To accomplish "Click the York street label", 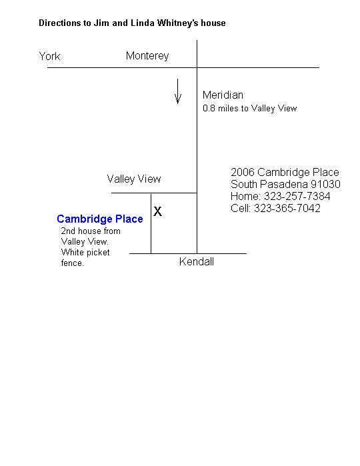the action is click(x=49, y=56).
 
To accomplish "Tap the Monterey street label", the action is click(x=147, y=56).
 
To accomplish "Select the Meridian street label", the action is click(x=223, y=95).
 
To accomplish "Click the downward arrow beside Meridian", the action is click(x=178, y=91).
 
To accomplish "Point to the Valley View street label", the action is click(x=134, y=179).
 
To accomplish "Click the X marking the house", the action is click(x=157, y=211).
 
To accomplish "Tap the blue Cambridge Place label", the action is click(x=100, y=219).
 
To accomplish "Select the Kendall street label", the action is click(x=197, y=262).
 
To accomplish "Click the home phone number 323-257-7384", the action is click(x=297, y=196).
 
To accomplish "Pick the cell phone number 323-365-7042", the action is click(x=287, y=208).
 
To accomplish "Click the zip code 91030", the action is click(x=325, y=184).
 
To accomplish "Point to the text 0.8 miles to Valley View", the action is click(x=250, y=108).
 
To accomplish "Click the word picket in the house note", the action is click(x=98, y=253).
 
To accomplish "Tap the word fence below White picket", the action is click(x=72, y=263).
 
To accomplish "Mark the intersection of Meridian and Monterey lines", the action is click(x=197, y=68).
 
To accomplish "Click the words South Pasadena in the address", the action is click(x=269, y=184).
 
